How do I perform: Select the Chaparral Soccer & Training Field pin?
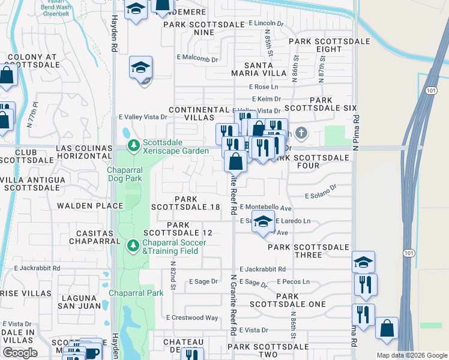point(133,246)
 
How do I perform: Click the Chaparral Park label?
point(136,293)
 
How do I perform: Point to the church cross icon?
point(301,133)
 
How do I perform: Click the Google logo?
point(20,353)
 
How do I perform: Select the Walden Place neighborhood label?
point(89,206)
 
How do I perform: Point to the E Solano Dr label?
point(321,196)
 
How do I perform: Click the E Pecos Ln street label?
point(293,281)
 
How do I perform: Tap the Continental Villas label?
point(199,114)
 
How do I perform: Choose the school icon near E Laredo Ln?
point(263,221)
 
